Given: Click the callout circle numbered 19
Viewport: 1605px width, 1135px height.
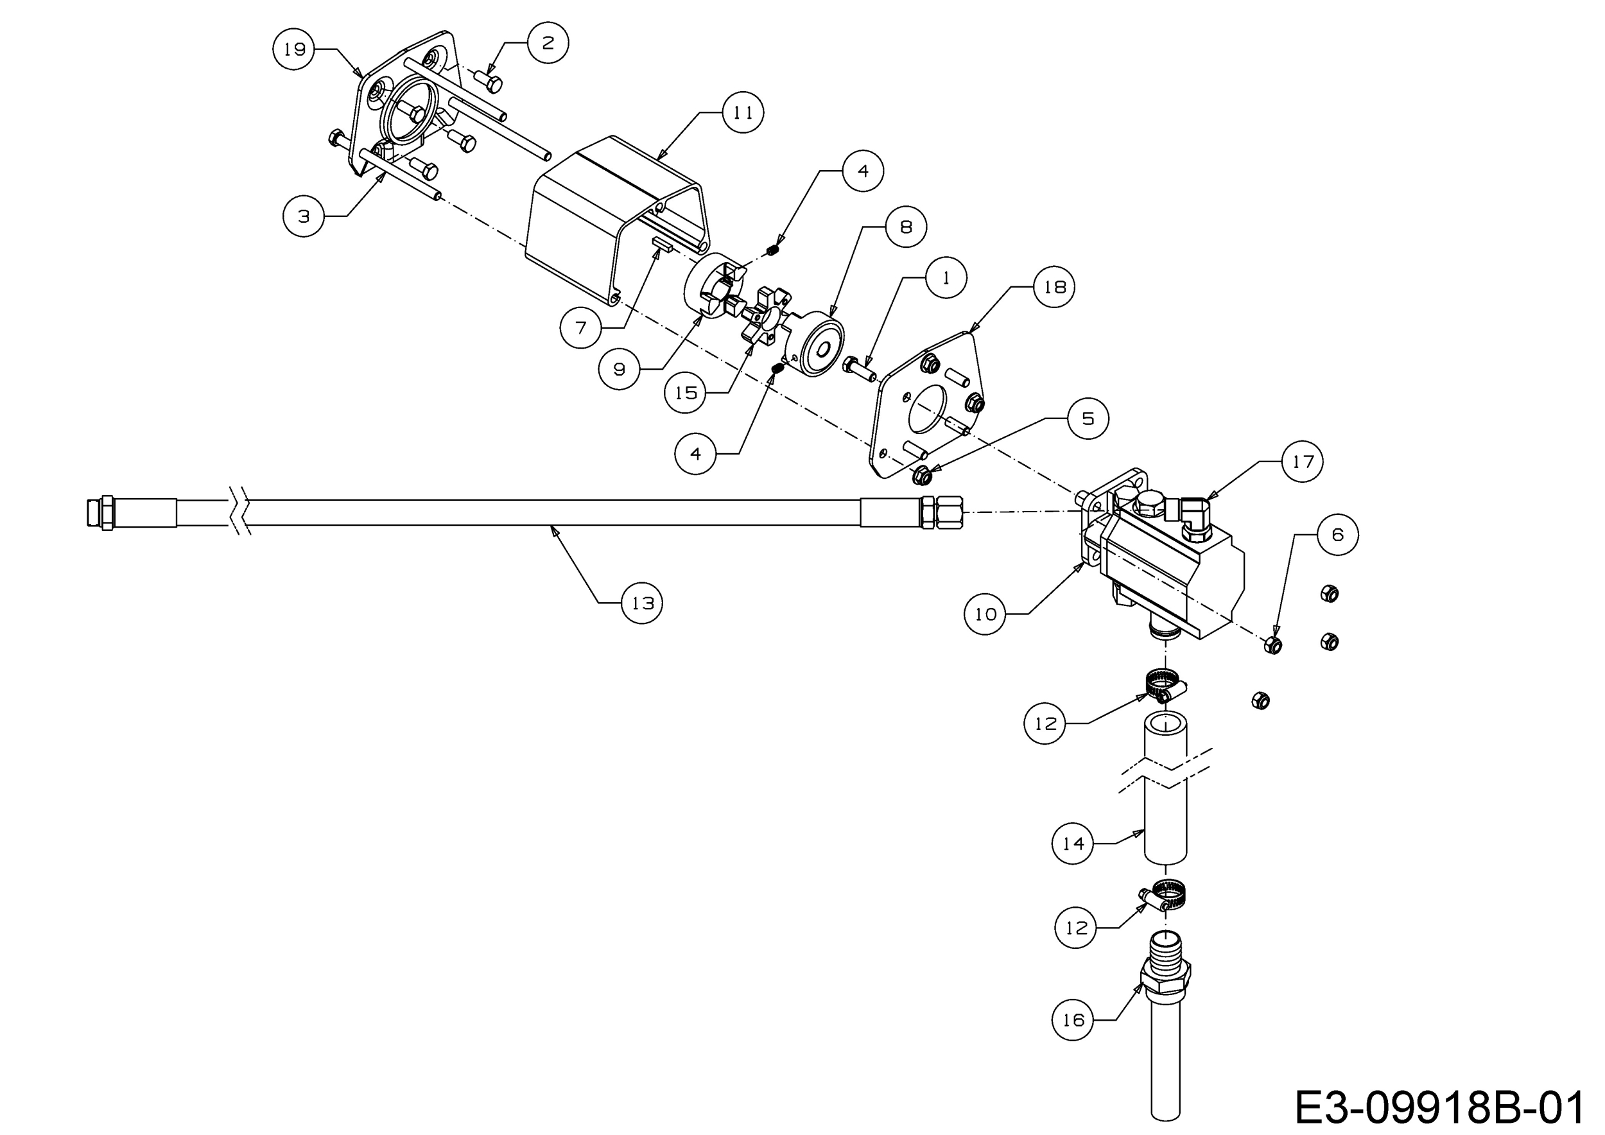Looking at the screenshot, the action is coord(293,49).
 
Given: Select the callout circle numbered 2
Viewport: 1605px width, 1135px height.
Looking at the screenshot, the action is coord(548,42).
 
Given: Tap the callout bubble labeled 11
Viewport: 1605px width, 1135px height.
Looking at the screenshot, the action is coord(742,112).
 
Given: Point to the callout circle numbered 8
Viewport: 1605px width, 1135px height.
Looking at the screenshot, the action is coord(905,227).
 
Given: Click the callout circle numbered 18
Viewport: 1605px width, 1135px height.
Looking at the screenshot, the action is coord(1054,286).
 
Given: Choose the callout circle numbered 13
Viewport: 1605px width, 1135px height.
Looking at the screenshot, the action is coord(642,602).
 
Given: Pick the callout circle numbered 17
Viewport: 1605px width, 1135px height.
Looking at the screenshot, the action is coord(1303,462).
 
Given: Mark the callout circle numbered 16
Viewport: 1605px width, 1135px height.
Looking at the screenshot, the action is coord(1072,1019).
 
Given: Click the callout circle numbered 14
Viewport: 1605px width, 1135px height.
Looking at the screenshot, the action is coord(1072,844).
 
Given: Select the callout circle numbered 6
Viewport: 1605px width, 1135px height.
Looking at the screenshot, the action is coord(1337,535).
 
